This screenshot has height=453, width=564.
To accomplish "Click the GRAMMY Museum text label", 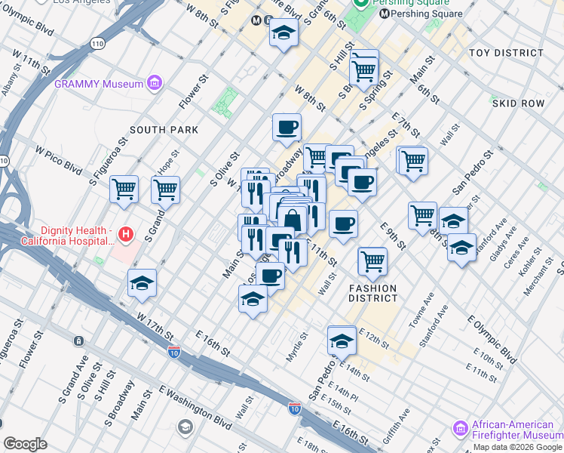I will coord(98,84).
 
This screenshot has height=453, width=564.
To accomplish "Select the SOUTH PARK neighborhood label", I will coord(164,130).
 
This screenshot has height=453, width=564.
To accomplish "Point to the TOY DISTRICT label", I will coord(505,53).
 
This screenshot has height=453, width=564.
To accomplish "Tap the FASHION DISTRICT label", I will coord(372,294).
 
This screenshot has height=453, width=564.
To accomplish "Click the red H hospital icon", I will coord(126,235).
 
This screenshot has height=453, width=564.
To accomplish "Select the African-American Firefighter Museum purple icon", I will coord(461,428).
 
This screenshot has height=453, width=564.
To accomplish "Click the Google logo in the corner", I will coord(25,444).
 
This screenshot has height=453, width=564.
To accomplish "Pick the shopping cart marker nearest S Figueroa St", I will coord(124,189).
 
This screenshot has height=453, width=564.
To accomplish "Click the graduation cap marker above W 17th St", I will coord(142,283).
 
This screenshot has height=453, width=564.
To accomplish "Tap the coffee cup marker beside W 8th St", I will coord(287,128).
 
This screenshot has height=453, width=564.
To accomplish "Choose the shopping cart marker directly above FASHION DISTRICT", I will coord(372,261).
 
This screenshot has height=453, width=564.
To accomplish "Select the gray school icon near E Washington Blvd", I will coord(185,428).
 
